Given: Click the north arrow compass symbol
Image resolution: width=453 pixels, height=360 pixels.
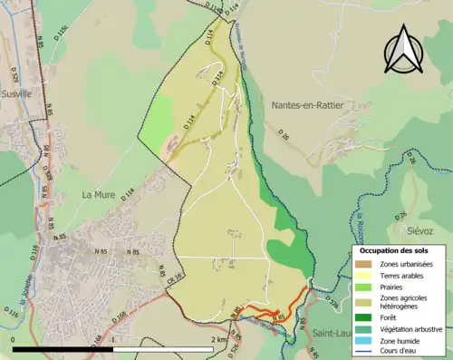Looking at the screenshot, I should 404,49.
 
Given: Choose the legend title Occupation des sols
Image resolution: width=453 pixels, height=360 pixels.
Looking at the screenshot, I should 393,249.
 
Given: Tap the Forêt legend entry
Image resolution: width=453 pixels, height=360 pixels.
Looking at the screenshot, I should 390,316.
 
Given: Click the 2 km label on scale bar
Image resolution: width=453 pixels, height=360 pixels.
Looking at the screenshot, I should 218,340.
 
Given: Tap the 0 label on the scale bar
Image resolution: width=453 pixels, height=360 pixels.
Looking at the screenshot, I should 14,340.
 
